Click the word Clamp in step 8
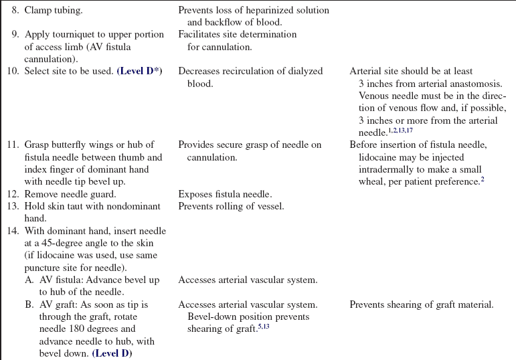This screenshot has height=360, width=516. [39, 11]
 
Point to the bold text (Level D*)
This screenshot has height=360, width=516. [140, 71]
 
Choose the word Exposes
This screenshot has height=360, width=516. [196, 194]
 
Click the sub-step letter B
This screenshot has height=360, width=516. [29, 304]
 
